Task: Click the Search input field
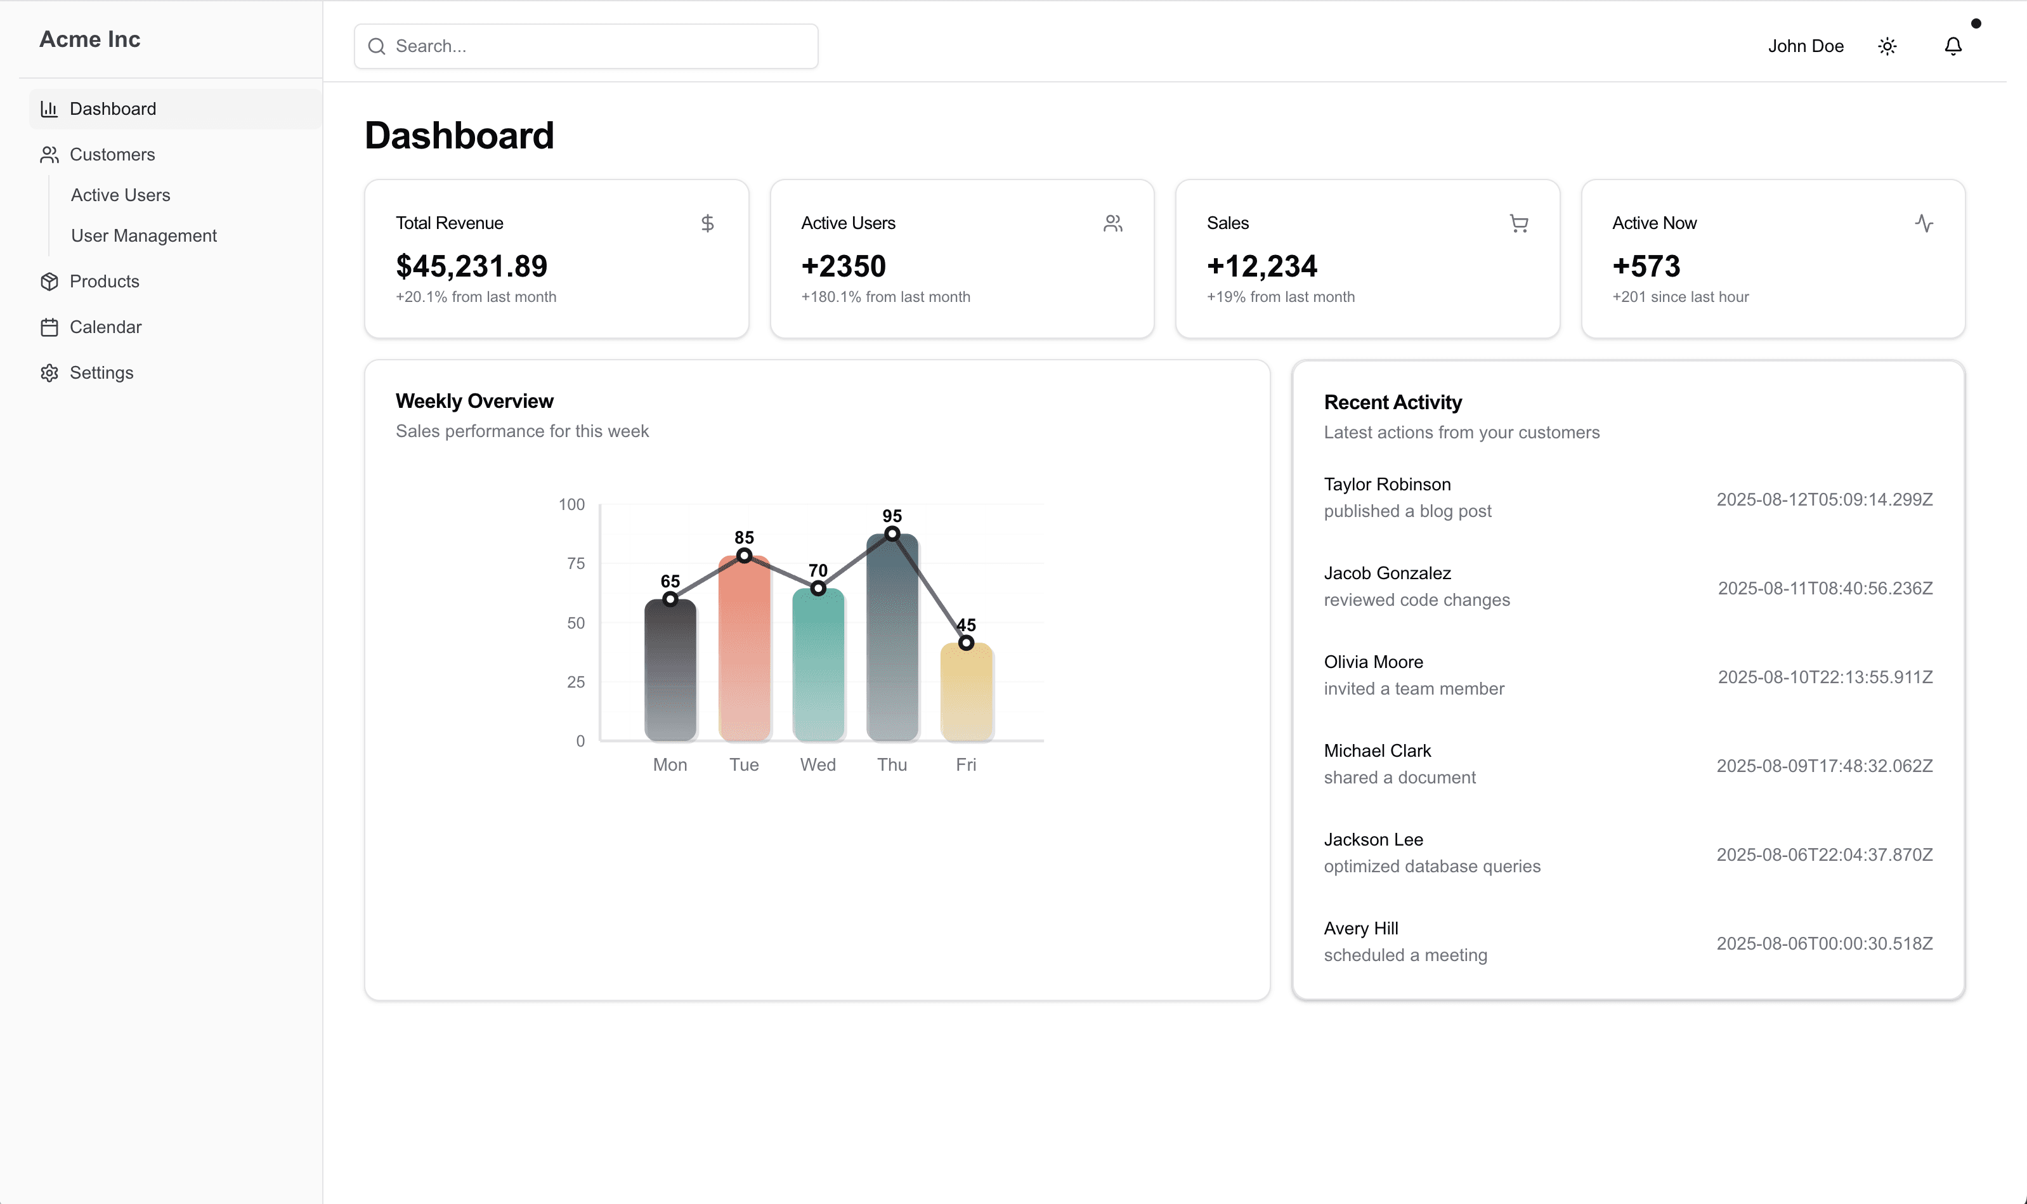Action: [585, 46]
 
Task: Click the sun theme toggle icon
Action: [1887, 46]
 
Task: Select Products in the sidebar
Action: [104, 282]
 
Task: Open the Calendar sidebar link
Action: [105, 327]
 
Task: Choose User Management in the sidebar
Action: [143, 235]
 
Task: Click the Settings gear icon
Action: [49, 372]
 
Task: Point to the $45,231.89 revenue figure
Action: [471, 266]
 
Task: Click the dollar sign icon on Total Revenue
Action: [707, 223]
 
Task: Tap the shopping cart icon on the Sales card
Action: [1518, 223]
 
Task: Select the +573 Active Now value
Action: [1646, 266]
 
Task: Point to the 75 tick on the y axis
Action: [575, 563]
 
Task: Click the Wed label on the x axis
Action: [818, 764]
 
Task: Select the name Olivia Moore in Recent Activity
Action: [1372, 662]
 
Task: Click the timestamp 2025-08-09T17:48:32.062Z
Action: [1824, 766]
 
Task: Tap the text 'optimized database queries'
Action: [1431, 867]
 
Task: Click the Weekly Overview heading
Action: [474, 401]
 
